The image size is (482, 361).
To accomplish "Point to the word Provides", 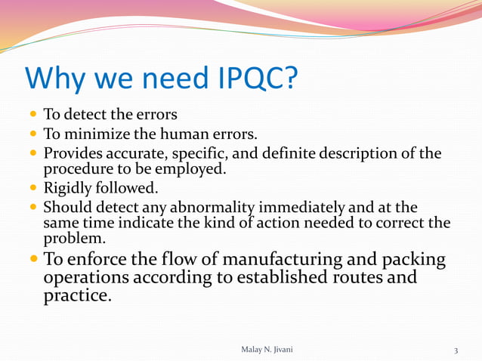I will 73,154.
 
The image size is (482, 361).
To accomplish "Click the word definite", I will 286,154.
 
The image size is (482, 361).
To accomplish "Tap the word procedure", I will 74,168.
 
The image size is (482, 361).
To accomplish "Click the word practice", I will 78,295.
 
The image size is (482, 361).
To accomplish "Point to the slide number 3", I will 456,350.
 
